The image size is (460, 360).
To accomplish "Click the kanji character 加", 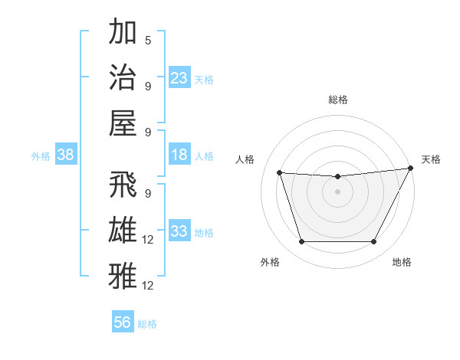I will point(123,33).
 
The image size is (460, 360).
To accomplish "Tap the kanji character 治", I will point(123,77).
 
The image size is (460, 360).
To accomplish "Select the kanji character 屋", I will point(123,122).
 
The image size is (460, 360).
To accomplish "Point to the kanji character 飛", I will point(123,186).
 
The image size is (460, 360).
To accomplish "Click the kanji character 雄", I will point(123,231).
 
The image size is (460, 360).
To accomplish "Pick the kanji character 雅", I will point(123,276).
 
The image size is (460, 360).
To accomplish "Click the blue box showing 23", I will point(179,77).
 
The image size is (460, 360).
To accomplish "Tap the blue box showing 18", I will point(179,155).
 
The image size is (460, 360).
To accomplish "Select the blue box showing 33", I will point(179,231).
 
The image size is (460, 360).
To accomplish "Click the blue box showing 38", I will point(66,155).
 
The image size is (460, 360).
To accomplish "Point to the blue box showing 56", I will point(123,322).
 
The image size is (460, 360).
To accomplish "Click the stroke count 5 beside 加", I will point(147,40).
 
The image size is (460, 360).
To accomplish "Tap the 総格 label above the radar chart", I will point(337,100).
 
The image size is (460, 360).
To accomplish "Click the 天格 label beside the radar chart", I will point(431,159).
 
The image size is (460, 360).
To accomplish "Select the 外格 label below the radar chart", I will point(270,262).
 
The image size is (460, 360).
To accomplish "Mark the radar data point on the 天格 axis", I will point(412,169).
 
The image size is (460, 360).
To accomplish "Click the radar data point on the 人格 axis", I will point(279,173).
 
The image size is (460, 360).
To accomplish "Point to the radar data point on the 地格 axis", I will point(374,242).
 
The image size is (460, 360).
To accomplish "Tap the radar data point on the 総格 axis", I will point(337,177).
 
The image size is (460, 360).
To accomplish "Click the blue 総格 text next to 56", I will point(147,324).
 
